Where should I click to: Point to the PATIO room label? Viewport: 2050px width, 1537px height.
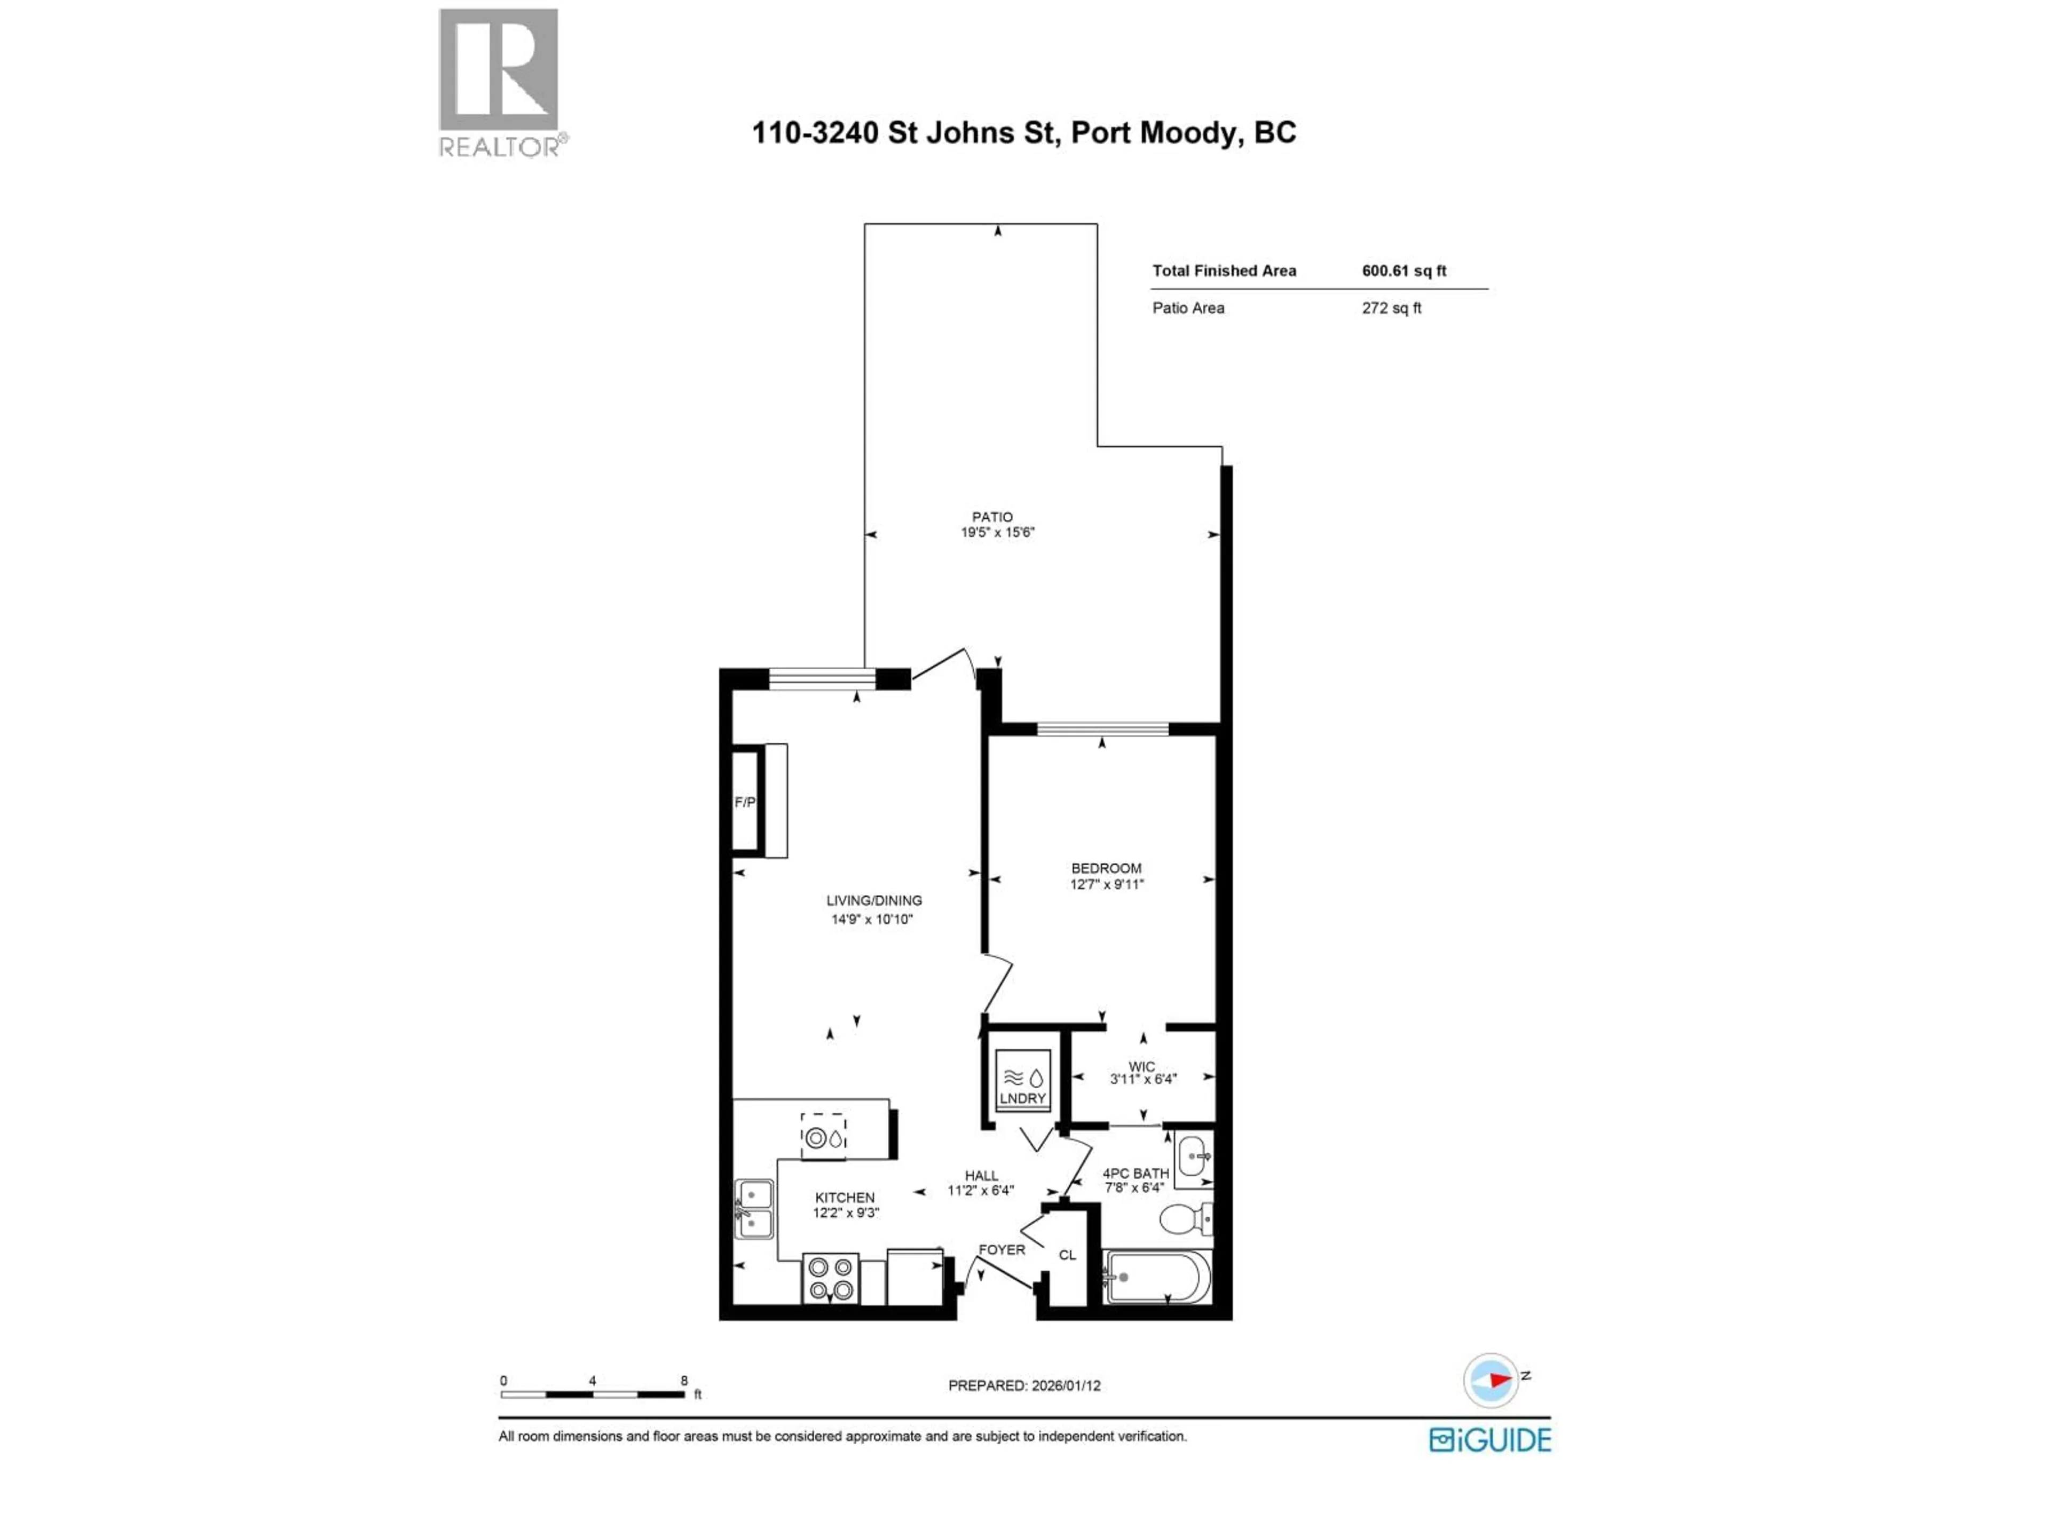pos(992,517)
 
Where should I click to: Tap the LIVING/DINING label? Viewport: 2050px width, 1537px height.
pos(874,900)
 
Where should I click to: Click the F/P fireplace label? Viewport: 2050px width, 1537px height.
pos(744,802)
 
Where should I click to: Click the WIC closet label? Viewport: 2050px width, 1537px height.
pos(1142,1066)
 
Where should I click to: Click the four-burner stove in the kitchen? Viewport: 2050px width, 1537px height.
pos(830,1279)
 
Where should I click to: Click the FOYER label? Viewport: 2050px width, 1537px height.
pos(1002,1250)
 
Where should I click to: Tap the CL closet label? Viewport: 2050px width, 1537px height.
pos(1068,1255)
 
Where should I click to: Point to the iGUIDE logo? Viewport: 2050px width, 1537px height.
pos(1489,1440)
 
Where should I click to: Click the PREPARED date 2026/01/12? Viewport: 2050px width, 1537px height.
pos(1024,1386)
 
